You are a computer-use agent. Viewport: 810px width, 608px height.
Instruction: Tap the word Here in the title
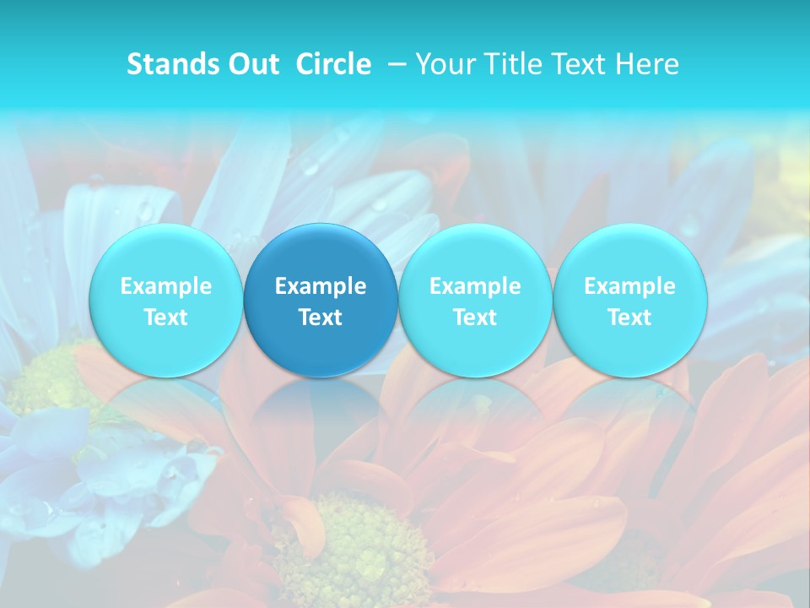point(647,64)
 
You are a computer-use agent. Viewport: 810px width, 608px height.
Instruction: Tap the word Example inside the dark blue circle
point(321,286)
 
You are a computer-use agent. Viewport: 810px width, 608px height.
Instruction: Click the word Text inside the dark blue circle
point(321,318)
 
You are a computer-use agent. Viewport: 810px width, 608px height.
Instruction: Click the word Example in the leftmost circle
point(165,286)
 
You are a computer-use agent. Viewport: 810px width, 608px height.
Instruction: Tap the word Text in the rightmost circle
point(629,318)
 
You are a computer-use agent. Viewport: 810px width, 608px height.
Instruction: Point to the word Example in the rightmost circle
point(629,286)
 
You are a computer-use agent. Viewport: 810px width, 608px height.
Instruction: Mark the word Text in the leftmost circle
point(165,318)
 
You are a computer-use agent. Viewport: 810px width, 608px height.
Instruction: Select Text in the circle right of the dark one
point(475,318)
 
